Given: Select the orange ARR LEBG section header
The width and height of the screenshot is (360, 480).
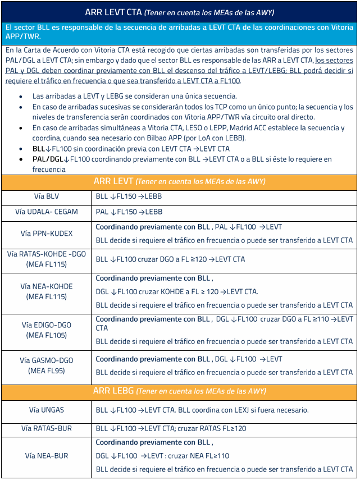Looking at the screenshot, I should click(179, 391).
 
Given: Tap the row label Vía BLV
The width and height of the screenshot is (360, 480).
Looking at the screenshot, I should click(45, 196).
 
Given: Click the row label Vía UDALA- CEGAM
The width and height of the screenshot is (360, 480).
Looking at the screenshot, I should click(46, 212).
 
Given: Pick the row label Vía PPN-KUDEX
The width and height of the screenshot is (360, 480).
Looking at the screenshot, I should click(46, 233).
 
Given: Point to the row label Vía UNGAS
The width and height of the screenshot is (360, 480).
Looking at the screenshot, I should click(46, 410).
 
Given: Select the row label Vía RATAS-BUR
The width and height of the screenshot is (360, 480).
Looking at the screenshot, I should click(46, 428).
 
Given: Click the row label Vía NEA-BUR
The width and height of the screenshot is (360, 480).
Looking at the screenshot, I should click(46, 456).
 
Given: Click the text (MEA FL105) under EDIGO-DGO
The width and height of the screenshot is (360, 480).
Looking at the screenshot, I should click(46, 335).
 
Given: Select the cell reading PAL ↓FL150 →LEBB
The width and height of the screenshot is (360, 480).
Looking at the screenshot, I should click(129, 212).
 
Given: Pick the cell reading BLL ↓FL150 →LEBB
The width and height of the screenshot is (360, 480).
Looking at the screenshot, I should click(129, 196).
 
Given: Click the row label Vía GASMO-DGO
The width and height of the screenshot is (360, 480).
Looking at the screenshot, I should click(46, 360).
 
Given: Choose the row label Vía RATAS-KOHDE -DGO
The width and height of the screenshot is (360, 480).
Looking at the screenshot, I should click(46, 254).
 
